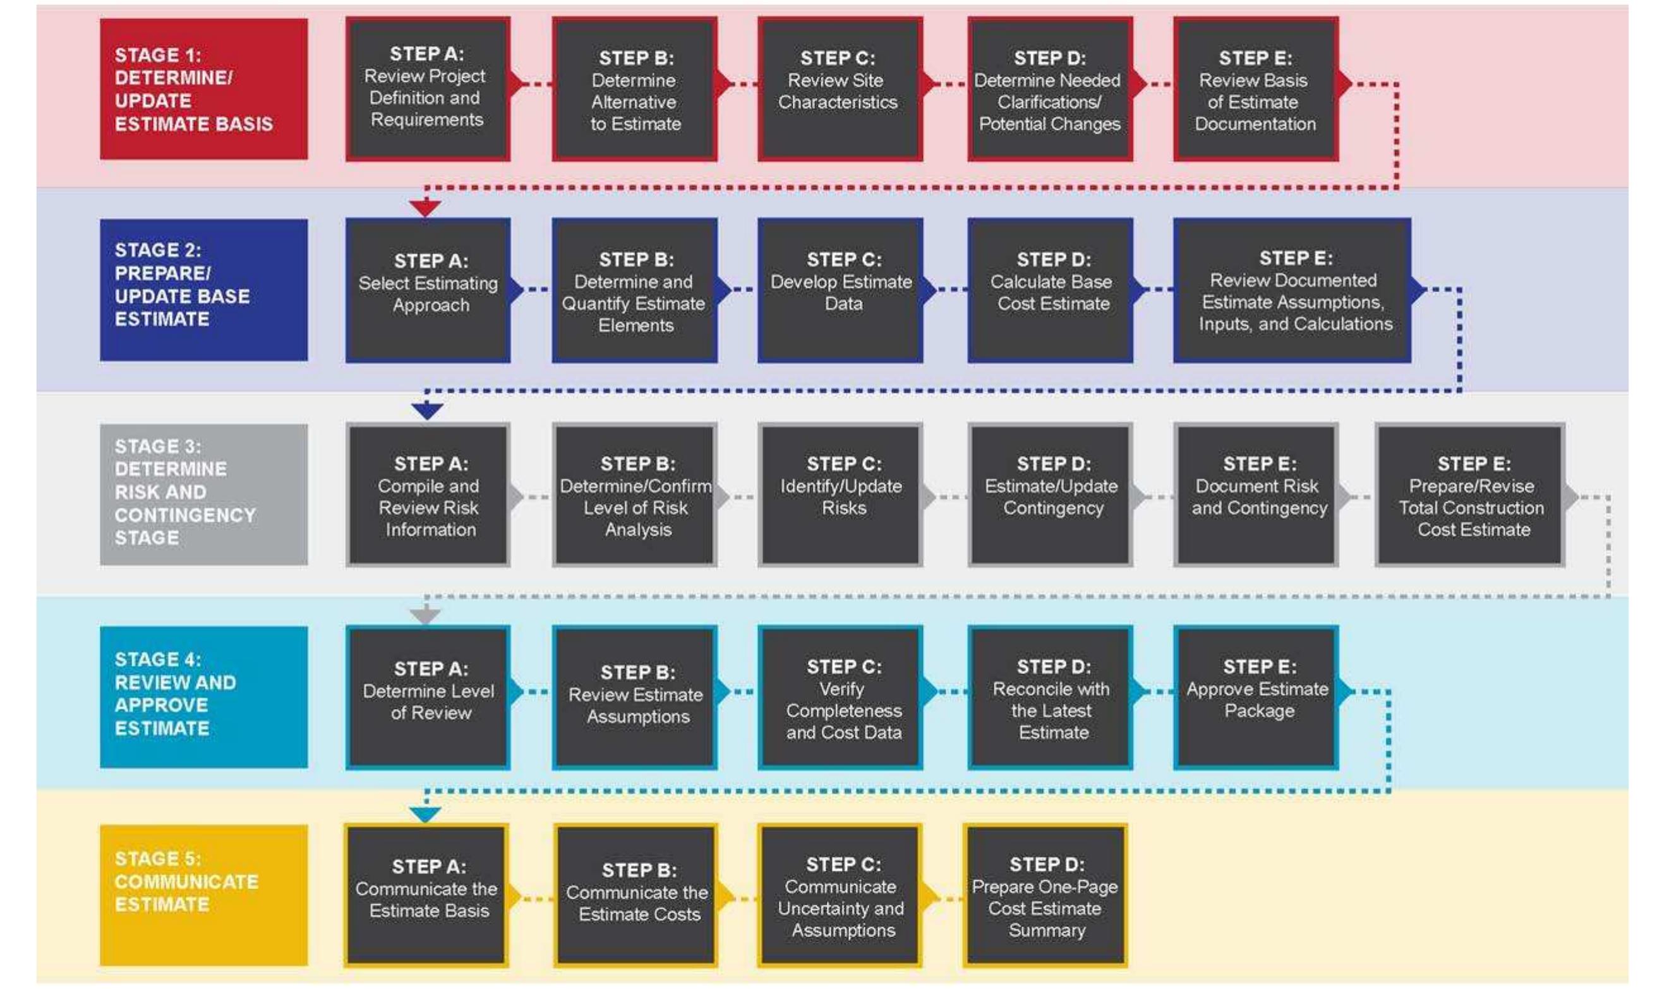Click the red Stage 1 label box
pos(203,88)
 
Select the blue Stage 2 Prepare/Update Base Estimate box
pos(203,290)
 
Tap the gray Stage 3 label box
pos(203,494)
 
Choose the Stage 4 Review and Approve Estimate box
pos(203,696)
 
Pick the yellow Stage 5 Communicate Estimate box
pos(203,894)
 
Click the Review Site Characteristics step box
pos(840,88)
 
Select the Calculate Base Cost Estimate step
pos(1050,290)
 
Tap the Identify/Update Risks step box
pos(840,494)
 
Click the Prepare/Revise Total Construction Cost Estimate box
pos(1469,494)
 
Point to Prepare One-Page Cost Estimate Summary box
pos(1044,894)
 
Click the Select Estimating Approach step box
pos(428,290)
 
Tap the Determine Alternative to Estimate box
pos(634,88)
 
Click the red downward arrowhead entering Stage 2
pos(425,208)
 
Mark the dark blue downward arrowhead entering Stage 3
pos(427,411)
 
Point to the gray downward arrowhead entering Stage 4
pos(425,615)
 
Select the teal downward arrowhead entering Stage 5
pos(425,815)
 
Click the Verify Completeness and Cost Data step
pos(840,696)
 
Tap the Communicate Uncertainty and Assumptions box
pos(840,894)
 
